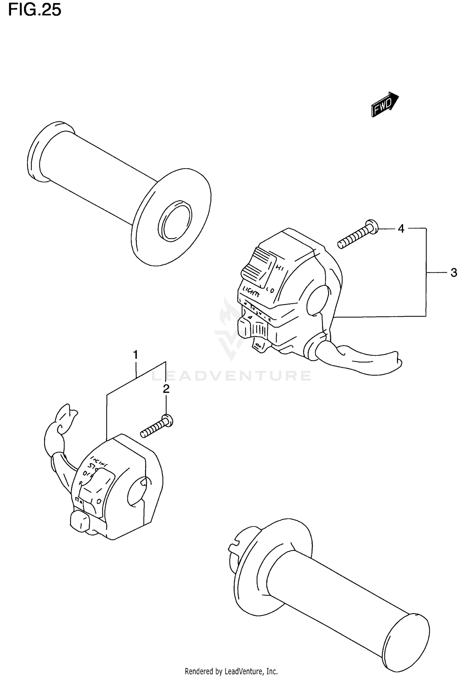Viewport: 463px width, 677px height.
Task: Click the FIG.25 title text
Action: (x=35, y=10)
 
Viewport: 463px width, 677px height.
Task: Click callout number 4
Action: (x=401, y=229)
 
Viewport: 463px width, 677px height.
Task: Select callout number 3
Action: (x=453, y=273)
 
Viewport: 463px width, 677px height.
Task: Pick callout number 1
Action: (x=135, y=355)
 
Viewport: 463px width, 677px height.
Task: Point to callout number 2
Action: (x=166, y=389)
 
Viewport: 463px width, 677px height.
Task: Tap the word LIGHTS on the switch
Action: (x=251, y=291)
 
